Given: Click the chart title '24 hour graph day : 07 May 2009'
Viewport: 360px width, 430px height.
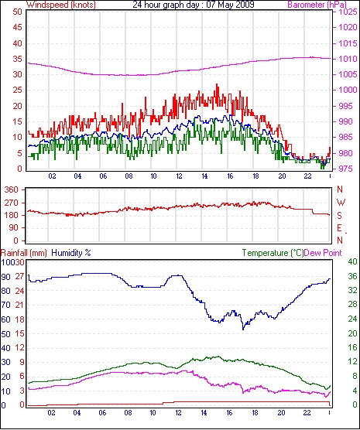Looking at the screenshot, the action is coord(194,5).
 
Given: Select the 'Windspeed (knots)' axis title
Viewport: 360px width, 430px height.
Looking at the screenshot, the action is coord(61,5).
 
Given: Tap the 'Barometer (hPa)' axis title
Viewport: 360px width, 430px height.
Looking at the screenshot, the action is coord(317,5).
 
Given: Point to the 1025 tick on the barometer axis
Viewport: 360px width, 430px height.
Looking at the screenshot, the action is coord(348,12).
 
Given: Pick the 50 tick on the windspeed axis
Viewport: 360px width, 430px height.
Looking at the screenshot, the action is coord(17,12).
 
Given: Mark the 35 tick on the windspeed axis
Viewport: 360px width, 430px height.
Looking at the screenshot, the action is coord(17,59).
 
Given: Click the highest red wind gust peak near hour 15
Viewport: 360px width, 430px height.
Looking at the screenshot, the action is coord(217,85).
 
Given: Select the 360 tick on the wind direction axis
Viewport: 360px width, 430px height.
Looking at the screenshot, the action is coord(12,189).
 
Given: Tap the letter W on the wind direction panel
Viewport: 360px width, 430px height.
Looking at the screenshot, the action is coord(341,203).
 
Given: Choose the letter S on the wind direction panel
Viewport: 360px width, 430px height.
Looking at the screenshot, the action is coord(340,216).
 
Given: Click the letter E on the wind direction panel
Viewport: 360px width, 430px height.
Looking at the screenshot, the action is coord(340,228).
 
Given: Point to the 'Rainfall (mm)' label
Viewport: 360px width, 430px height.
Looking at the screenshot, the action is coord(24,253).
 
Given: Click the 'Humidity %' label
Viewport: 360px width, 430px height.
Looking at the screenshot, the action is coord(71,253).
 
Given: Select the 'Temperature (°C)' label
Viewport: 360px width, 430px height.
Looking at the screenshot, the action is coord(273,253).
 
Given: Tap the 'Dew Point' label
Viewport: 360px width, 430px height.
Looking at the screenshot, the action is coord(323,253).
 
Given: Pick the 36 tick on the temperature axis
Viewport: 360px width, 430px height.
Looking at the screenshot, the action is coord(353,276).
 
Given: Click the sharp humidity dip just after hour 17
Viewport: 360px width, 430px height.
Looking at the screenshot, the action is coord(243,329).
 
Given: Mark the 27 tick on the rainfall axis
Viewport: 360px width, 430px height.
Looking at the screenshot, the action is coord(19,276).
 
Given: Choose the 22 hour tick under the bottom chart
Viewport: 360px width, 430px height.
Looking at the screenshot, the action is coord(307,412).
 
